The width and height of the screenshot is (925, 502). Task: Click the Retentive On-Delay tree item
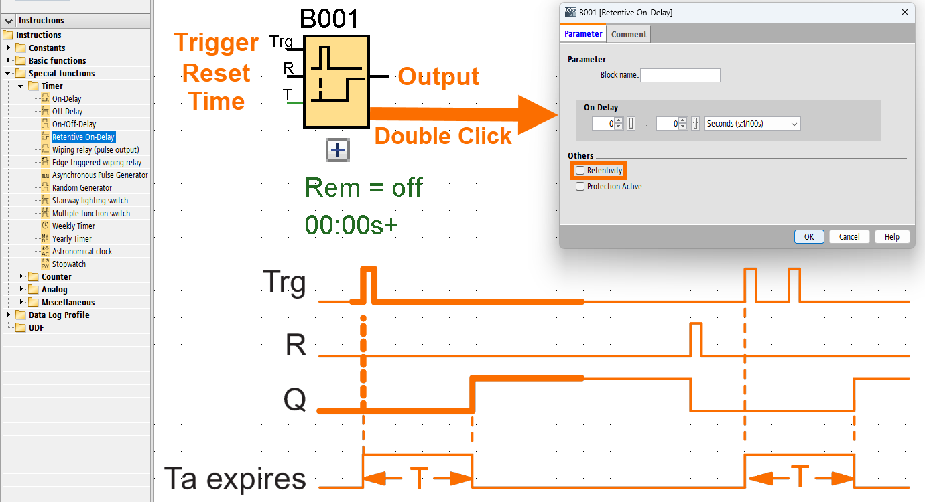(83, 137)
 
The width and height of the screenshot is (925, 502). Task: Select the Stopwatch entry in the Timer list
(69, 264)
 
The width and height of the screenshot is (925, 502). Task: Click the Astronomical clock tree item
(82, 252)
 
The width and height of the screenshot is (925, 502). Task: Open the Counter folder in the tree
(56, 277)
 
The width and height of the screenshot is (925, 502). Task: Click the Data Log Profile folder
(58, 315)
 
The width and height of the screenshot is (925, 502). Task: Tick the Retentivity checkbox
(580, 171)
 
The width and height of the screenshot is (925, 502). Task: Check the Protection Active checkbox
(580, 187)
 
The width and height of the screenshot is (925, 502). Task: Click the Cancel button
(849, 236)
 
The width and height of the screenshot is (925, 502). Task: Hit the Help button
(892, 236)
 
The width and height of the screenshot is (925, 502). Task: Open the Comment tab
(629, 34)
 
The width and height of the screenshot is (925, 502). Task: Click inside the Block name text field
(680, 75)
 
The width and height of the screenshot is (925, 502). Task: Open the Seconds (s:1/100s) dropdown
(753, 124)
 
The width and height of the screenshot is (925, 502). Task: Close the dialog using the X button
(905, 12)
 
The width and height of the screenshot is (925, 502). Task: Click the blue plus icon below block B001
(338, 150)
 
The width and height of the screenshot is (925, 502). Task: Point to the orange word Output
(439, 76)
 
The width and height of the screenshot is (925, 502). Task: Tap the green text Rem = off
(363, 187)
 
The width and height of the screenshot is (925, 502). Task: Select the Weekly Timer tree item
(73, 226)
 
